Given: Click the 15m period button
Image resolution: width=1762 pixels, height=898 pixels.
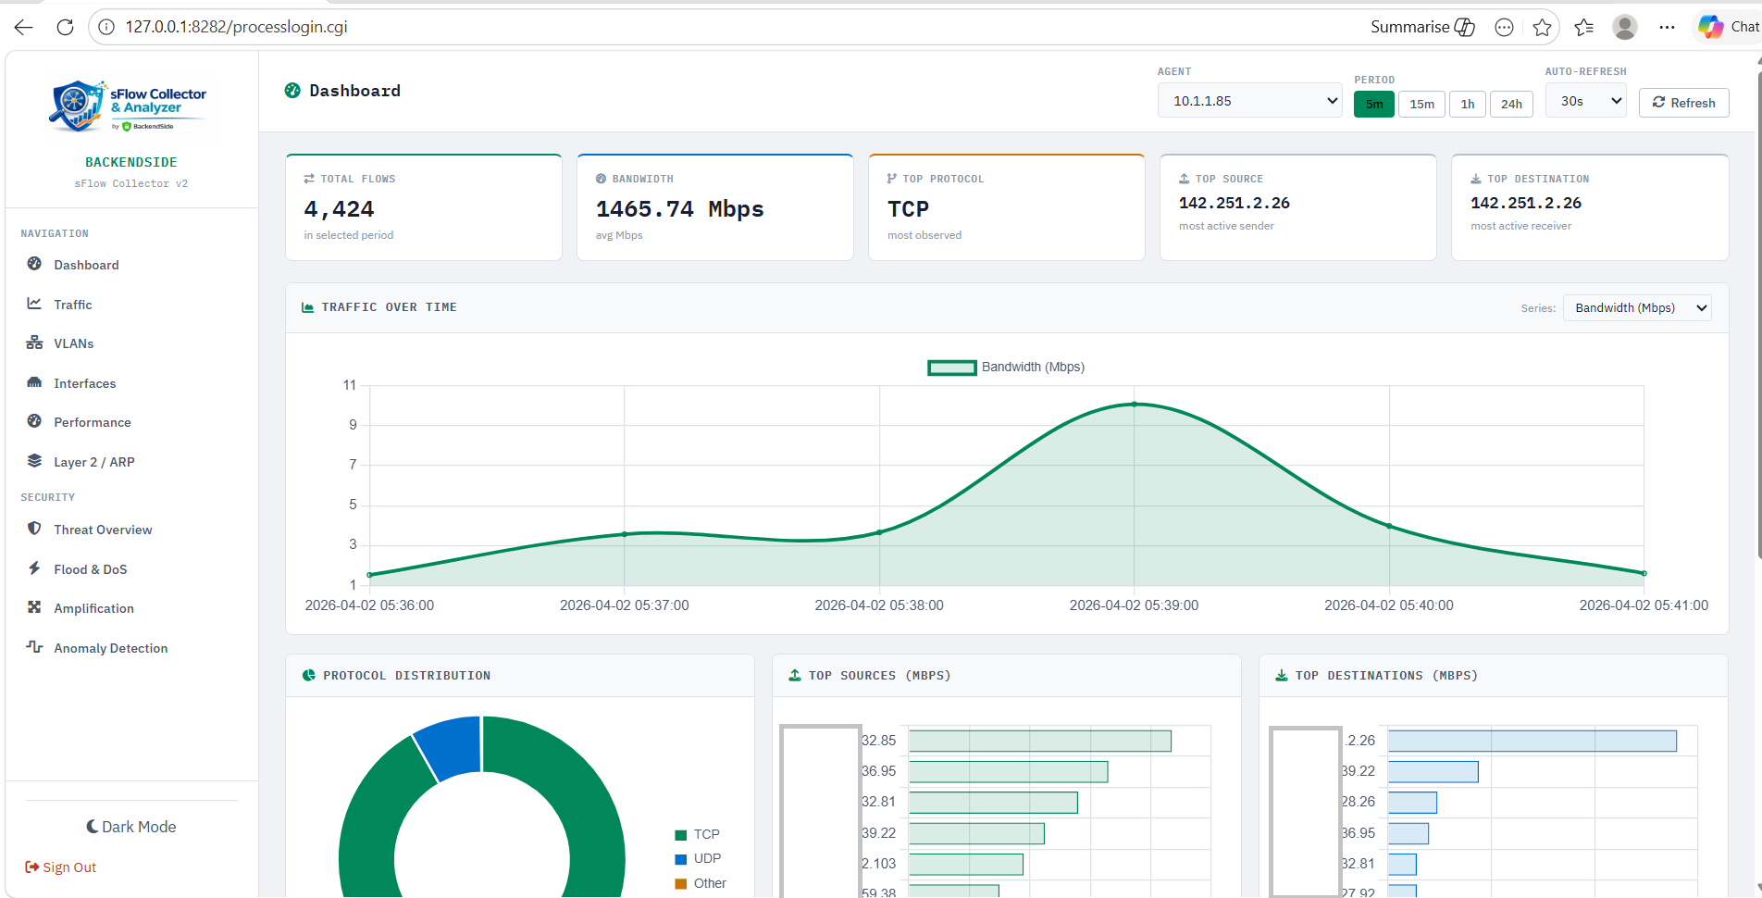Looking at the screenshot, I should click(1421, 104).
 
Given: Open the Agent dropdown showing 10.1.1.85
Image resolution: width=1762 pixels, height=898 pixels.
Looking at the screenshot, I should click(1249, 101).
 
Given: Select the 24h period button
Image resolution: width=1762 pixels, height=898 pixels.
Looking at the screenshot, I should click(1510, 104).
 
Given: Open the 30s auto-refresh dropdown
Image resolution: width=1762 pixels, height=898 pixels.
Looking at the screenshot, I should click(1585, 101).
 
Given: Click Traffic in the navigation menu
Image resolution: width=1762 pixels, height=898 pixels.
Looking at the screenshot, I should click(72, 305).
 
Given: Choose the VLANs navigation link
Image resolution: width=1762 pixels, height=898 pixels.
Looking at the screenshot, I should click(73, 343).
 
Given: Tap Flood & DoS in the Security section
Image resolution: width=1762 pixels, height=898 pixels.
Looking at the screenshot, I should click(90, 569).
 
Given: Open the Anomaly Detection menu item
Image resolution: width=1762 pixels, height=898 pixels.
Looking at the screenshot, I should click(110, 648).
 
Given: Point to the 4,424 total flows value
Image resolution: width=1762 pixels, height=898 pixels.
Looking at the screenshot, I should click(339, 209).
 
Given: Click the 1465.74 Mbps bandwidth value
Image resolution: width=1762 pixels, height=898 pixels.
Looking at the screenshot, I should click(679, 209).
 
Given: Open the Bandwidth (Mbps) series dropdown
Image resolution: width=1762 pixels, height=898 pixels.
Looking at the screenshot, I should click(1636, 308).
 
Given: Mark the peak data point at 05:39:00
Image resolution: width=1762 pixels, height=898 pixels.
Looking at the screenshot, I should click(1135, 405).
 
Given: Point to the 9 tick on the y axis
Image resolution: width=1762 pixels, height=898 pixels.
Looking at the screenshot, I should click(353, 425).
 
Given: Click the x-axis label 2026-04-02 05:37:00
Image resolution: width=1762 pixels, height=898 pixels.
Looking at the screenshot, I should click(624, 605).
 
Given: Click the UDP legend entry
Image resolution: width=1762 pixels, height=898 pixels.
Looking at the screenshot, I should click(706, 858).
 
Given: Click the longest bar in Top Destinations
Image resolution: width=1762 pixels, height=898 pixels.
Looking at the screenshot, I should click(1532, 741).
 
